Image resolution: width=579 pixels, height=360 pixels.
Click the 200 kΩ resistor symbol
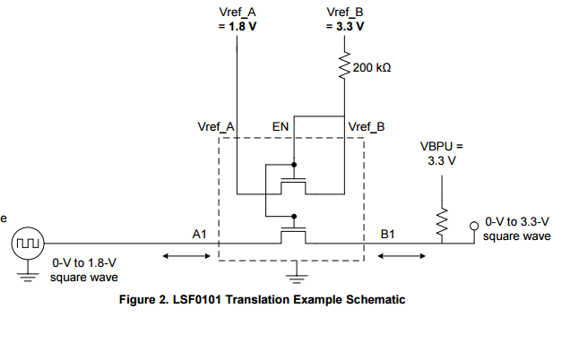344,68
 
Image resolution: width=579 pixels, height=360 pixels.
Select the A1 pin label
201,234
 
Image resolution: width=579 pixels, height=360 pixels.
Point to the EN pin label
281,127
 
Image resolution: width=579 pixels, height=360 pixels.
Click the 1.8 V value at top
237,26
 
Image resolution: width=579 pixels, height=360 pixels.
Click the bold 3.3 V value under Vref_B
345,26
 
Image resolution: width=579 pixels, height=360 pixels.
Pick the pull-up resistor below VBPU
440,226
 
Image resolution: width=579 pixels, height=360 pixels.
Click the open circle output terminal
474,227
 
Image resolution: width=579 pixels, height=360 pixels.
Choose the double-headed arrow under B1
402,257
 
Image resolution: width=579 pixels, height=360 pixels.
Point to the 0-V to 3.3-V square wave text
517,228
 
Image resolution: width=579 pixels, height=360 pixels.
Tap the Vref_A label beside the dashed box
215,127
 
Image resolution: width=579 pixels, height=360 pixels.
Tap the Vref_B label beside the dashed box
367,127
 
